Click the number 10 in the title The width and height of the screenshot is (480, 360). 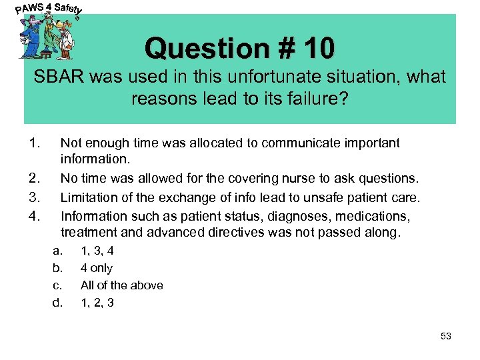[319, 48]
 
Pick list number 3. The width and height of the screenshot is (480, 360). [35, 197]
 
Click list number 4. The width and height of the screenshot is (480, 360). [35, 216]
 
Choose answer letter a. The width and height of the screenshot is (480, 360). [58, 251]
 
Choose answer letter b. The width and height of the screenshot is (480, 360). [58, 268]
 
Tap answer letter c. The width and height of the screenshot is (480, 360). [58, 285]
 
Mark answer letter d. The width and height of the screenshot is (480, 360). [58, 303]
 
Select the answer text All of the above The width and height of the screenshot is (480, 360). [121, 285]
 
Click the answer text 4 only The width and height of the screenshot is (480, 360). [97, 268]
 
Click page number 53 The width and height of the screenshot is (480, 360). [446, 336]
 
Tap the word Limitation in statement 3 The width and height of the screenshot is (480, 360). [89, 197]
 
